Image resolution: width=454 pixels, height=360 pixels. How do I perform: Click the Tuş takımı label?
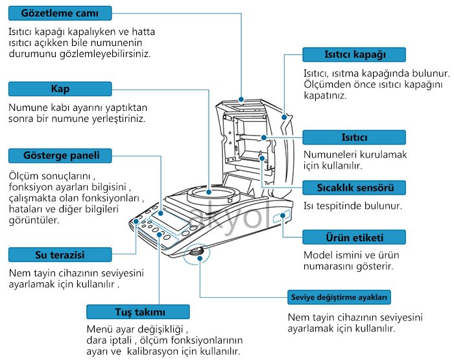[x=138, y=311]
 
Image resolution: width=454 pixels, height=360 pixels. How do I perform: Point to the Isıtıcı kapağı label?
[x=355, y=54]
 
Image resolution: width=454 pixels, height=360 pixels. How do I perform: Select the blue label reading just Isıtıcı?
[x=355, y=138]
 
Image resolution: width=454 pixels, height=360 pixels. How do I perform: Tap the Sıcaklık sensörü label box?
[x=355, y=187]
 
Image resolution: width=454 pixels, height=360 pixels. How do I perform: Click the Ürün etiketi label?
[x=355, y=237]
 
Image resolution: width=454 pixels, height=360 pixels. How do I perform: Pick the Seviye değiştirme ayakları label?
[x=339, y=298]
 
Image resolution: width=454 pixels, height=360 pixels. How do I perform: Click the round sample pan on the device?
[x=210, y=194]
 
